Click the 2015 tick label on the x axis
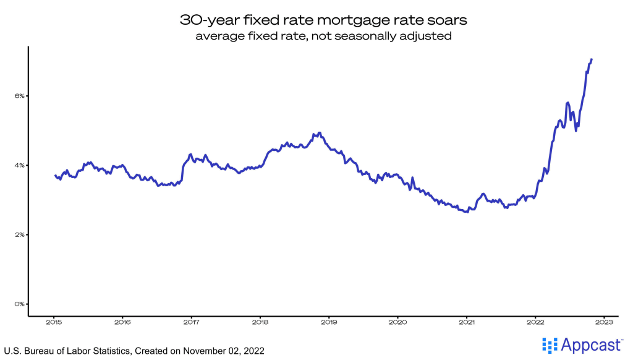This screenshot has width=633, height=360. point(53,322)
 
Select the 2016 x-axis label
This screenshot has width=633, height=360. point(122,322)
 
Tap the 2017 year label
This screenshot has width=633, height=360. point(191,322)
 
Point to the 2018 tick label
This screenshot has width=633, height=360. point(260,322)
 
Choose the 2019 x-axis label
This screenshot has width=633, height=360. point(329,322)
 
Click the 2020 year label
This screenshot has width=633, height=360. point(398,322)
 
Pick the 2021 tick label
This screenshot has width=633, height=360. point(467,322)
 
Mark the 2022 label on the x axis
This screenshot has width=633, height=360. point(535,322)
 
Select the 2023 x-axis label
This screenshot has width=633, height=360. point(604,322)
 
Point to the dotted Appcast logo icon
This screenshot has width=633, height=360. point(548,345)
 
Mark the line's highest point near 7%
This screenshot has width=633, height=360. point(592,59)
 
